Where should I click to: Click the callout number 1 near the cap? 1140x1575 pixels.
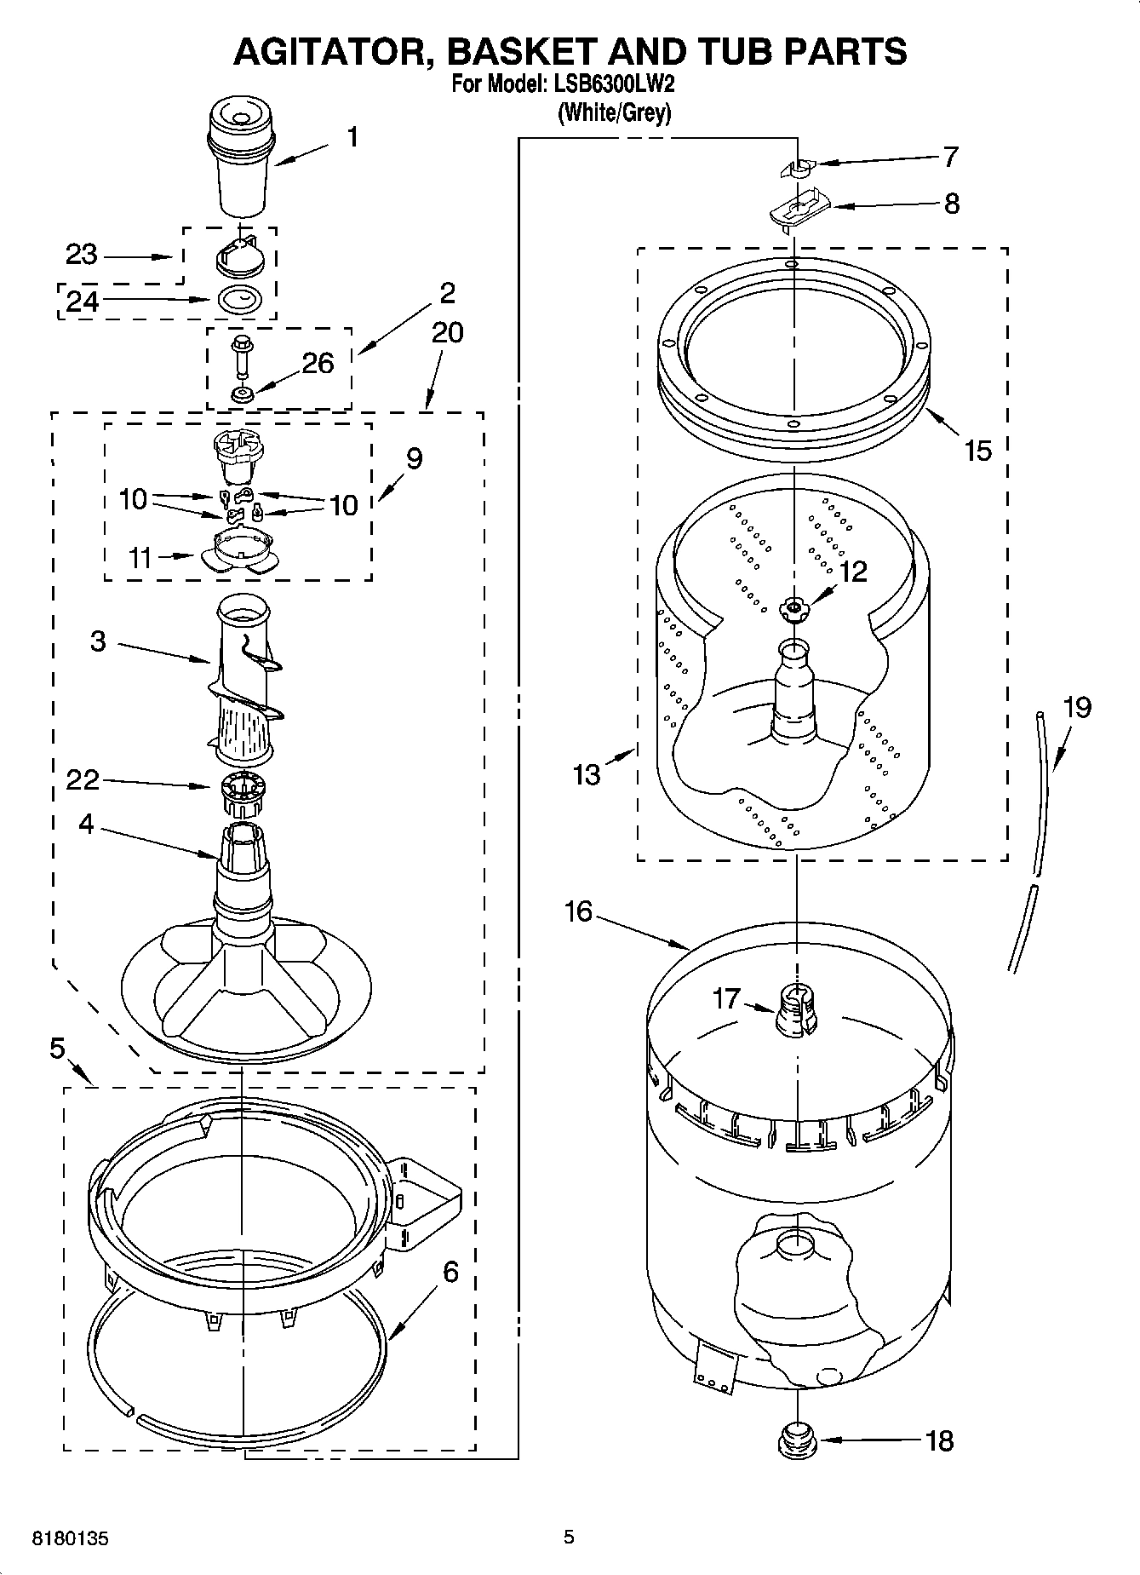352,137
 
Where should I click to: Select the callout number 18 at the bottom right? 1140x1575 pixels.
939,1441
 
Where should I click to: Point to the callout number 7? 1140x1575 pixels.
950,157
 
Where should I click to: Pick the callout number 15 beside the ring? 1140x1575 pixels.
977,450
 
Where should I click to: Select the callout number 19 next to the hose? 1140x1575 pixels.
1077,707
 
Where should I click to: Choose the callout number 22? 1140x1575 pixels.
83,779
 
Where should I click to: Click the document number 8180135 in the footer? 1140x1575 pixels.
70,1539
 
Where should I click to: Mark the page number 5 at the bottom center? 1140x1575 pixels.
569,1537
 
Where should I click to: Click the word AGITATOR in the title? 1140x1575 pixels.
328,51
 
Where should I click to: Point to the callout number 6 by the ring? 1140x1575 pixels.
450,1272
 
